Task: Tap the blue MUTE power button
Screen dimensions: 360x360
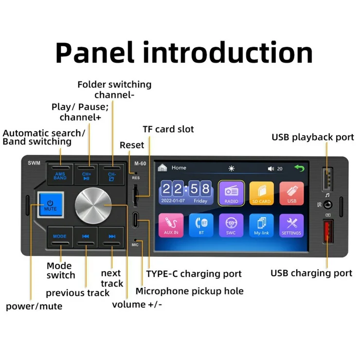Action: (x=51, y=202)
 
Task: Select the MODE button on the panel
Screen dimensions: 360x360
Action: (x=60, y=236)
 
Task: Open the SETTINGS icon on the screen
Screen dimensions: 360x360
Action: (x=292, y=225)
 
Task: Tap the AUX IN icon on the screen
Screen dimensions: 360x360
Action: (x=171, y=225)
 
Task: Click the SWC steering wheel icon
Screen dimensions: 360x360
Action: (x=231, y=225)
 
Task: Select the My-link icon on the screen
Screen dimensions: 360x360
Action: (x=261, y=225)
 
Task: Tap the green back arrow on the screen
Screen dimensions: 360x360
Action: (x=298, y=168)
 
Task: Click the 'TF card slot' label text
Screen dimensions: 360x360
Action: (x=168, y=129)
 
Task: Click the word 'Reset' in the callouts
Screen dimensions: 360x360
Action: (x=132, y=145)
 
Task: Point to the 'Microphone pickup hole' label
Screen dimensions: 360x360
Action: (x=189, y=291)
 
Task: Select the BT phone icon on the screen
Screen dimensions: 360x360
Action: (x=201, y=225)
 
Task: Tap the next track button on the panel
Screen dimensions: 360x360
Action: (x=112, y=236)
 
